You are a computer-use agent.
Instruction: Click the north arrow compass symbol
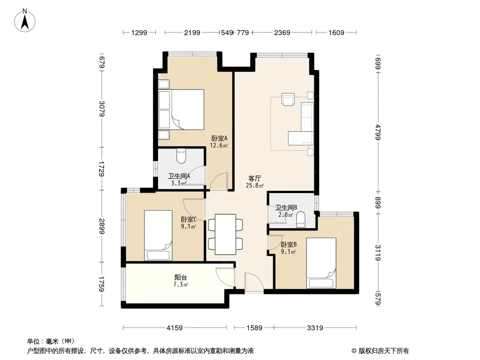pos(25,21)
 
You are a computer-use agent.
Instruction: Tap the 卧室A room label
pos(219,138)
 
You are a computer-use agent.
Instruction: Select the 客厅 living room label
pos(254,178)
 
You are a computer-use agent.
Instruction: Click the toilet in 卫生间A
pos(181,156)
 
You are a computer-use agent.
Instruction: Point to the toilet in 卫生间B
pos(301,219)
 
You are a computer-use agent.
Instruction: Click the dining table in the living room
pos(225,234)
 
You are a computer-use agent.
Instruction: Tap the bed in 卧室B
pos(321,263)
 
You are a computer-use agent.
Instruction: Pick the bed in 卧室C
pos(158,235)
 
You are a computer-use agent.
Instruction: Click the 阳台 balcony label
pos(181,277)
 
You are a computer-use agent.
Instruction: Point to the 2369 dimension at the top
pos(282,32)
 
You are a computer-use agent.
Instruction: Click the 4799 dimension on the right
pos(378,132)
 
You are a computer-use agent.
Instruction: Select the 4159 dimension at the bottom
pos(175,328)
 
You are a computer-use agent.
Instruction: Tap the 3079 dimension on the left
pos(102,108)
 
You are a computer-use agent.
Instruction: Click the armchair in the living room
pos(288,99)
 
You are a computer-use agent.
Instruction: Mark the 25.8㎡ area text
pos(255,185)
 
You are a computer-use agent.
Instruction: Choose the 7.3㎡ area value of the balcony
pos(181,285)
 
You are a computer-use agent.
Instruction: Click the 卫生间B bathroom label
pos(286,208)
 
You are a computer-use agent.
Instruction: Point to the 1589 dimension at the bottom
pos(254,328)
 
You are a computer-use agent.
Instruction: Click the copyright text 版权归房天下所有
pos(384,351)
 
